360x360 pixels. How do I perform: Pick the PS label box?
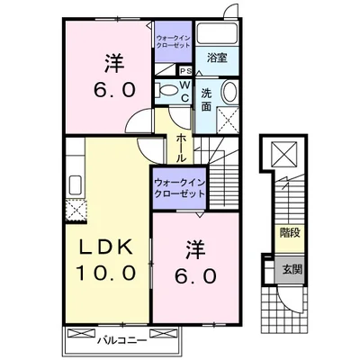tap(185, 72)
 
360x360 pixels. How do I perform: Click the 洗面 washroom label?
tap(206, 99)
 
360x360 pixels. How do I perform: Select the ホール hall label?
tap(182, 143)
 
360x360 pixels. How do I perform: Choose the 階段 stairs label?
tap(289, 231)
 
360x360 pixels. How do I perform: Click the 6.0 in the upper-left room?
tap(114, 91)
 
